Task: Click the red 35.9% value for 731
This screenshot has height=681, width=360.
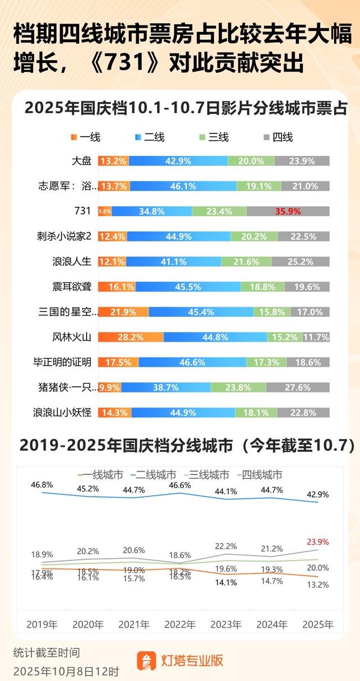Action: (x=288, y=212)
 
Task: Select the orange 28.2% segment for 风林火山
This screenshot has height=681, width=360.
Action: (x=130, y=337)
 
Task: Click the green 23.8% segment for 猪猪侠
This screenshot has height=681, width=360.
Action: (x=238, y=388)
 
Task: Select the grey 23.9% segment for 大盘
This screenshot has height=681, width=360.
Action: (x=302, y=161)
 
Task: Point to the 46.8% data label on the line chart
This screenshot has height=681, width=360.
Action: (x=42, y=468)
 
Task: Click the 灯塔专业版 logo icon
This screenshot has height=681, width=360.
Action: (x=147, y=660)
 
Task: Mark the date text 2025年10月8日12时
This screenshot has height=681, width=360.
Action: (x=66, y=671)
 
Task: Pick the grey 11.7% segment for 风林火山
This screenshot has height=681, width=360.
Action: (x=316, y=337)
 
